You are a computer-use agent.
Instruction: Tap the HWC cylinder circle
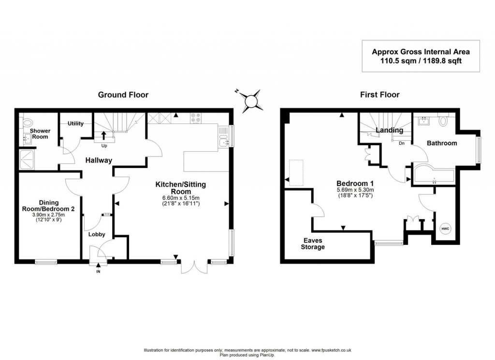coord(444,228)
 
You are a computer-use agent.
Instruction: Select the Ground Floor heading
coord(123,95)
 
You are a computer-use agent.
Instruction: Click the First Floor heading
coord(379,95)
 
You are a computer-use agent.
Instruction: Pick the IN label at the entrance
coord(99,271)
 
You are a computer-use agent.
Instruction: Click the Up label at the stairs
coord(104,145)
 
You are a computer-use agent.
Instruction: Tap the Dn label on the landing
coord(401,143)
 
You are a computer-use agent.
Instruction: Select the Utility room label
coord(75,123)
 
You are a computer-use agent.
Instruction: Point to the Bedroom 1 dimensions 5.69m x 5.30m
coord(355,190)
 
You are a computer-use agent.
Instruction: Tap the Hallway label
coord(99,160)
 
